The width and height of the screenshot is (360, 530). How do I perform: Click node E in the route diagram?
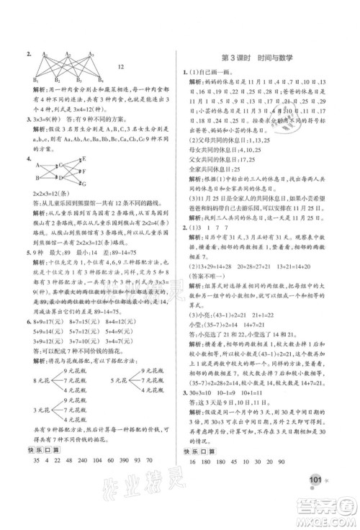point(83,159)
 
